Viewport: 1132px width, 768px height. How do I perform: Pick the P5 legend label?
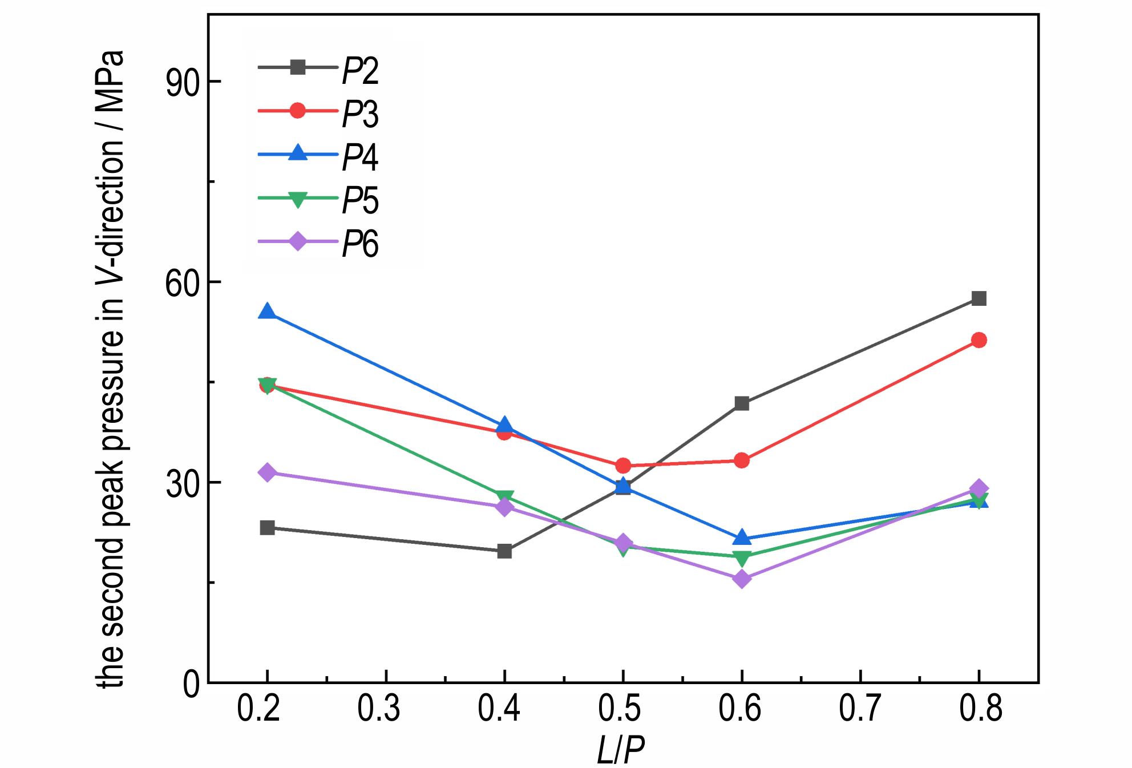click(360, 201)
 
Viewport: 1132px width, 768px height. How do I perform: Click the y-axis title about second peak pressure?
click(111, 371)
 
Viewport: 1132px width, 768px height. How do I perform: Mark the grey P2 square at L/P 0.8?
click(979, 298)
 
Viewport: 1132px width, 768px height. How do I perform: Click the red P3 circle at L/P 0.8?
click(979, 340)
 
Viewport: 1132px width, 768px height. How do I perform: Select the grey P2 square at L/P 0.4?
click(504, 551)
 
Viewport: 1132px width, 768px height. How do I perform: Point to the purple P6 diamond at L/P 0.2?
click(267, 472)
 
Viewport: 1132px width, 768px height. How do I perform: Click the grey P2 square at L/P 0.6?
click(742, 403)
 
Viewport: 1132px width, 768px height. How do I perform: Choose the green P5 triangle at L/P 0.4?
click(504, 498)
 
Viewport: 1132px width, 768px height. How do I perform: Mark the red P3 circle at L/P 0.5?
click(623, 466)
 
